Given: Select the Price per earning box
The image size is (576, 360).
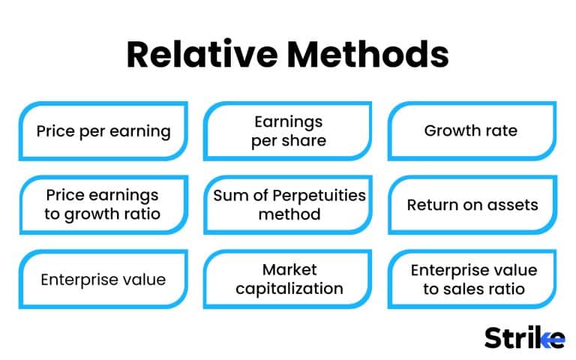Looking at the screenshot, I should [x=103, y=131].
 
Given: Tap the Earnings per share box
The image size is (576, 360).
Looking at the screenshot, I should [x=289, y=131].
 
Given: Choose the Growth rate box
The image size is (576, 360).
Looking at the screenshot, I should [x=471, y=131].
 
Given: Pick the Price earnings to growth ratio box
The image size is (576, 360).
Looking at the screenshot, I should [x=103, y=205].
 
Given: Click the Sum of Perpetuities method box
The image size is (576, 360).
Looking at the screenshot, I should [x=289, y=205].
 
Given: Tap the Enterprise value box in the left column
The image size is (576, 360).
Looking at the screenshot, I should [x=103, y=280].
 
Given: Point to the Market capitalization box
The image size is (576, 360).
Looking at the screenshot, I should [x=289, y=280].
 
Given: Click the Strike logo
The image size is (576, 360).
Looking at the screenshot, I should [x=524, y=337].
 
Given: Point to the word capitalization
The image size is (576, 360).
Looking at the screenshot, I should [x=289, y=289].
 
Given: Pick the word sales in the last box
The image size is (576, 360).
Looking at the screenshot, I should [x=478, y=289].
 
